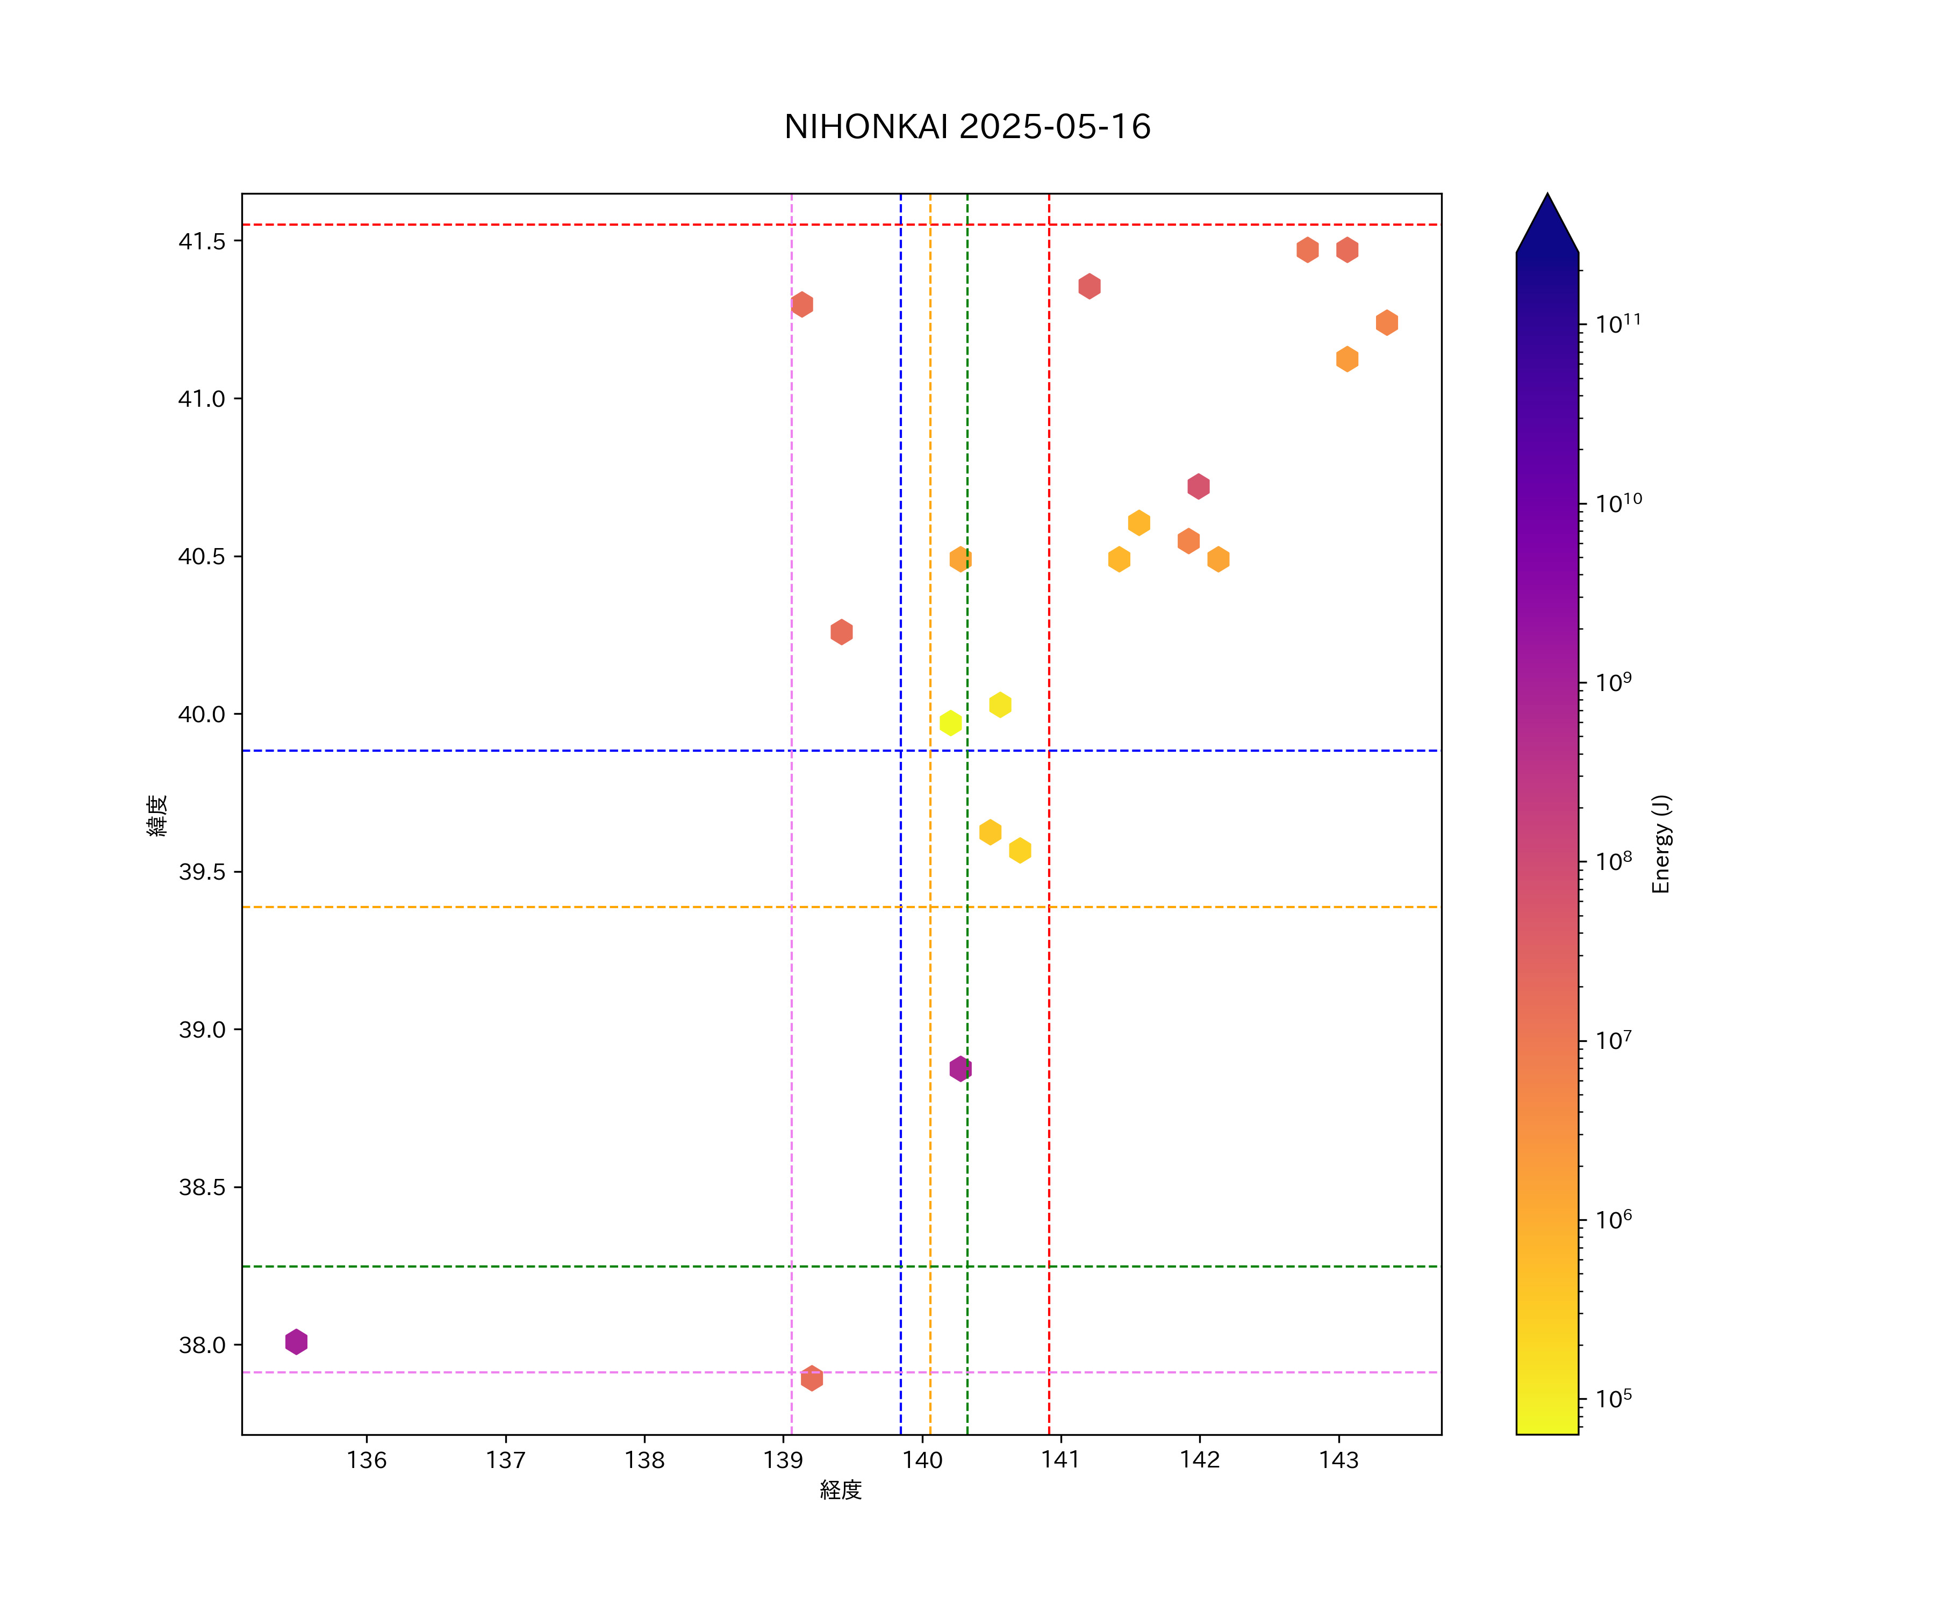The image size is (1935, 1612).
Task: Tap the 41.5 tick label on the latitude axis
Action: point(201,241)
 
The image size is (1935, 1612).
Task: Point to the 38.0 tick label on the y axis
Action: point(201,1345)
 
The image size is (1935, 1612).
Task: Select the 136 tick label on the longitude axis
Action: point(367,1460)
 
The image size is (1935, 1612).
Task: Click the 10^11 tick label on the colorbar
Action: point(1618,323)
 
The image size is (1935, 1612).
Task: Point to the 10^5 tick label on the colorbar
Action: point(1614,1398)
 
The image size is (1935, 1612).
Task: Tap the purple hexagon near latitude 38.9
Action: point(960,1069)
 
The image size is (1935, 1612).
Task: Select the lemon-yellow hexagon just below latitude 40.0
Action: point(950,723)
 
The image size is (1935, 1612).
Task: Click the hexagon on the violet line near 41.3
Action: point(801,304)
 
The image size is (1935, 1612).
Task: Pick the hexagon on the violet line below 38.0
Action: point(812,1378)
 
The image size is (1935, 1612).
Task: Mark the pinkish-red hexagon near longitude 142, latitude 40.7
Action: point(1198,486)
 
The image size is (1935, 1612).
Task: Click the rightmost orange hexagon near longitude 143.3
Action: point(1387,322)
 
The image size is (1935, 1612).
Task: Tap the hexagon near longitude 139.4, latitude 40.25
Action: point(841,632)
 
